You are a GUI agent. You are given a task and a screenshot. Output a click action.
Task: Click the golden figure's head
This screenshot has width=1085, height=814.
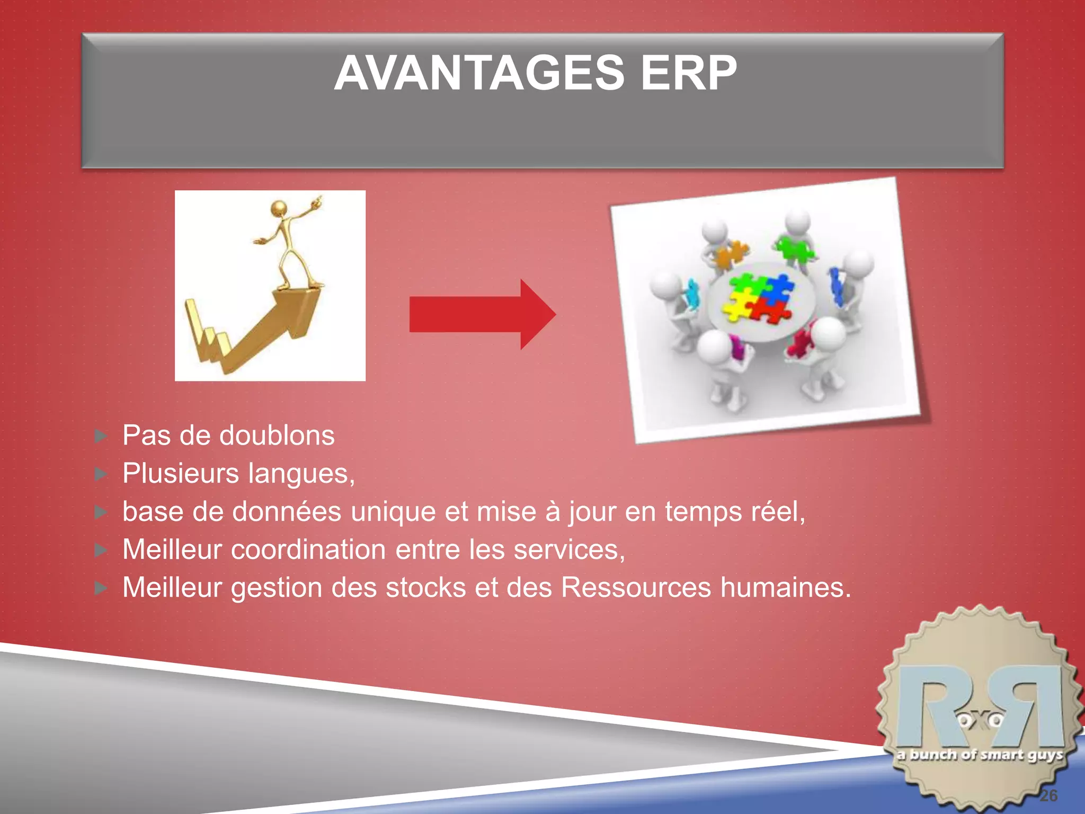279,208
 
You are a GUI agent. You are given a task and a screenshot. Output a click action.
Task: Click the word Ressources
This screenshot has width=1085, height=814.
636,588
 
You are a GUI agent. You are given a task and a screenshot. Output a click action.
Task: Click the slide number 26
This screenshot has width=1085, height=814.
1048,795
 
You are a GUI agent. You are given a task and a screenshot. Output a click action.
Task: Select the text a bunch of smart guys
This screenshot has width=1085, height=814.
980,755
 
